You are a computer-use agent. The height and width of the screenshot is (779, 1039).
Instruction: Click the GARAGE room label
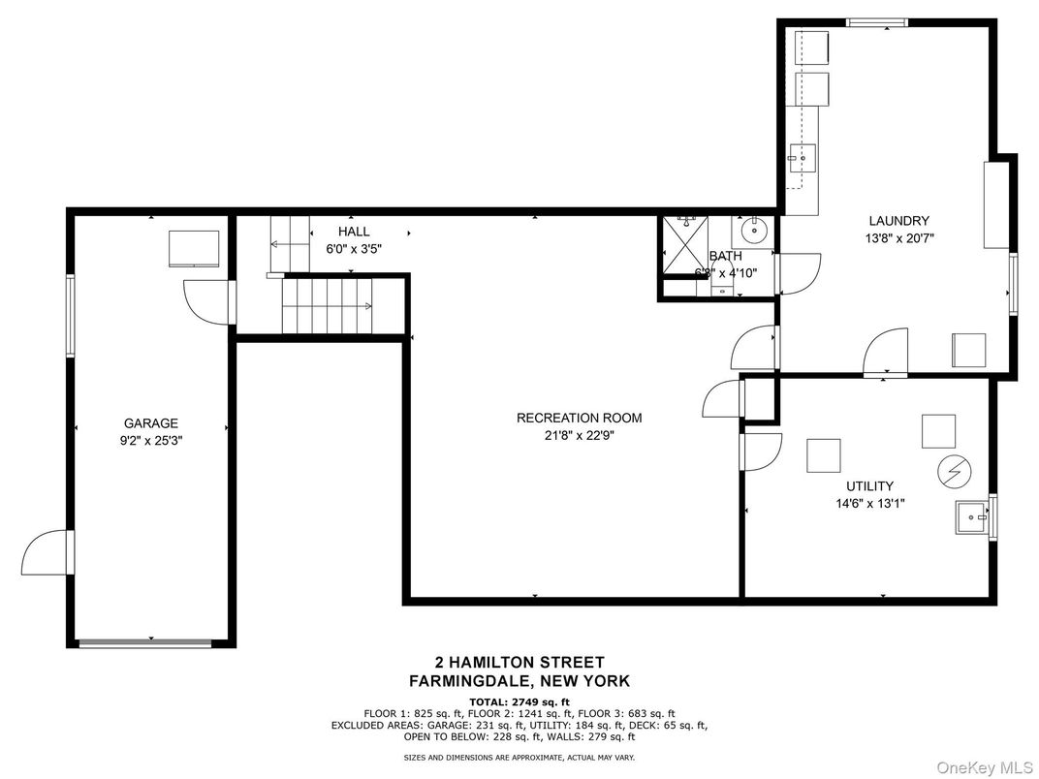[150, 423]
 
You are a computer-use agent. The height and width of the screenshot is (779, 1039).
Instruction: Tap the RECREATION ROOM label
[579, 419]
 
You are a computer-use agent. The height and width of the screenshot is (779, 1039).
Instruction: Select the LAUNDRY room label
[898, 221]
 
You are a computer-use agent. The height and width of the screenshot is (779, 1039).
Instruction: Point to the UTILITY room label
[868, 486]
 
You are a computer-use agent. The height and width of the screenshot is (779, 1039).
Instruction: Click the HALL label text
[354, 232]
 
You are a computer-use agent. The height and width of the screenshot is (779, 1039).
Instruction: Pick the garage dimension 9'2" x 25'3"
[150, 440]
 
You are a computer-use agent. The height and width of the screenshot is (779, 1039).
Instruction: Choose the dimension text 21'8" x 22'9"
[579, 435]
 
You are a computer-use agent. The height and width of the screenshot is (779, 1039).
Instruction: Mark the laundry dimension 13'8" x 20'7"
[898, 237]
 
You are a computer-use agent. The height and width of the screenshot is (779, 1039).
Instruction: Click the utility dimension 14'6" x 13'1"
[868, 503]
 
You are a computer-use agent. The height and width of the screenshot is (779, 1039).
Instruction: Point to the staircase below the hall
[328, 306]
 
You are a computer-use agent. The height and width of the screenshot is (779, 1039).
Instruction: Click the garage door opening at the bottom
[145, 641]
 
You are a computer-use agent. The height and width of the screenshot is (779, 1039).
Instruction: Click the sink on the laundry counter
[802, 156]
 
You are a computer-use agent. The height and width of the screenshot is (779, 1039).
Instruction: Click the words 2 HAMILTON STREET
[519, 663]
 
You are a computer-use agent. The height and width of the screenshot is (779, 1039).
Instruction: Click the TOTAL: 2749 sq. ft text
[519, 701]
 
